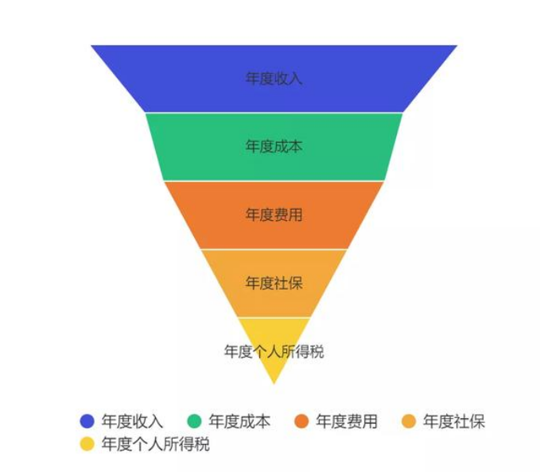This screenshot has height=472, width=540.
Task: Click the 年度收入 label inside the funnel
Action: click(x=274, y=79)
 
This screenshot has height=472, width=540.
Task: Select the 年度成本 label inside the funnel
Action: click(x=274, y=147)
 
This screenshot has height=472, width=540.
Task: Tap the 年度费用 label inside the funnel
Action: click(x=274, y=215)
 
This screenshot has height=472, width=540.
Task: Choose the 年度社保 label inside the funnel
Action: click(x=274, y=284)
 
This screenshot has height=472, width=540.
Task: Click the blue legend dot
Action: click(x=87, y=421)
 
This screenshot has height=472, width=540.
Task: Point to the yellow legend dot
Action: click(x=87, y=444)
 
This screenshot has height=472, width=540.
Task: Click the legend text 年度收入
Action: click(x=132, y=421)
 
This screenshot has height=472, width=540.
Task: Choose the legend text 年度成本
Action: click(x=239, y=421)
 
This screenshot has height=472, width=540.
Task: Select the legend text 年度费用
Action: click(x=347, y=421)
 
